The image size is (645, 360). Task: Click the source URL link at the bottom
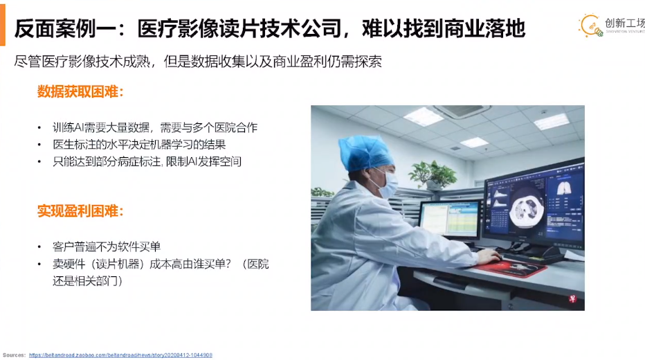coord(120,355)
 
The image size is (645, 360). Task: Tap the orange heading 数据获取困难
coord(80,91)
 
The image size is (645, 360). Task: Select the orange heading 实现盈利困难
coord(80,211)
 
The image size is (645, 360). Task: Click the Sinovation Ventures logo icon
coord(591,26)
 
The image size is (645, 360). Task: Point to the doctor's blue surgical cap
coord(364,152)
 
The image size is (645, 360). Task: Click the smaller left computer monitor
coord(451,220)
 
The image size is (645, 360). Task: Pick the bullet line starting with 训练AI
coord(154,127)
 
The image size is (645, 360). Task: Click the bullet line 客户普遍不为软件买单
coord(106,246)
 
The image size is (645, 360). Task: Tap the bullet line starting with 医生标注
coord(139,145)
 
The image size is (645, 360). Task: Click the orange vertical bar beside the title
coord(3,26)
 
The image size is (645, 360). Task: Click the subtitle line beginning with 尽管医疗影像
coord(198,62)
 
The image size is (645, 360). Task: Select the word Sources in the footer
coord(14,355)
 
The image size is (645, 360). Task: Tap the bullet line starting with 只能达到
coord(147,161)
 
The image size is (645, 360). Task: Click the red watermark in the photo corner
coord(572,298)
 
